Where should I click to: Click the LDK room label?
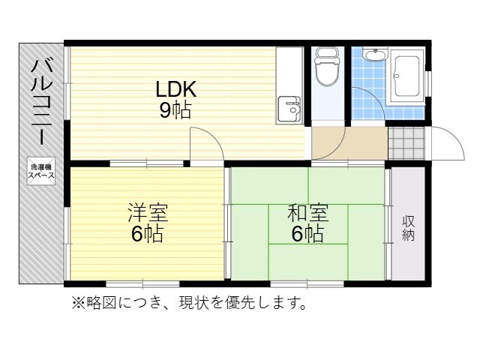(175, 89)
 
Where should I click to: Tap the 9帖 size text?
(174, 111)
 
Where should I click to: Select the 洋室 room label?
(147, 212)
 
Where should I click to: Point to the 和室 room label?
(307, 212)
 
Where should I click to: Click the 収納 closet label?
(409, 228)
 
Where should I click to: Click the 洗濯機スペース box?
(41, 170)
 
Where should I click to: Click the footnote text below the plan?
(189, 303)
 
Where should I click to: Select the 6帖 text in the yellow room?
(147, 234)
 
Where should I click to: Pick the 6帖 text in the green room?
(307, 234)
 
